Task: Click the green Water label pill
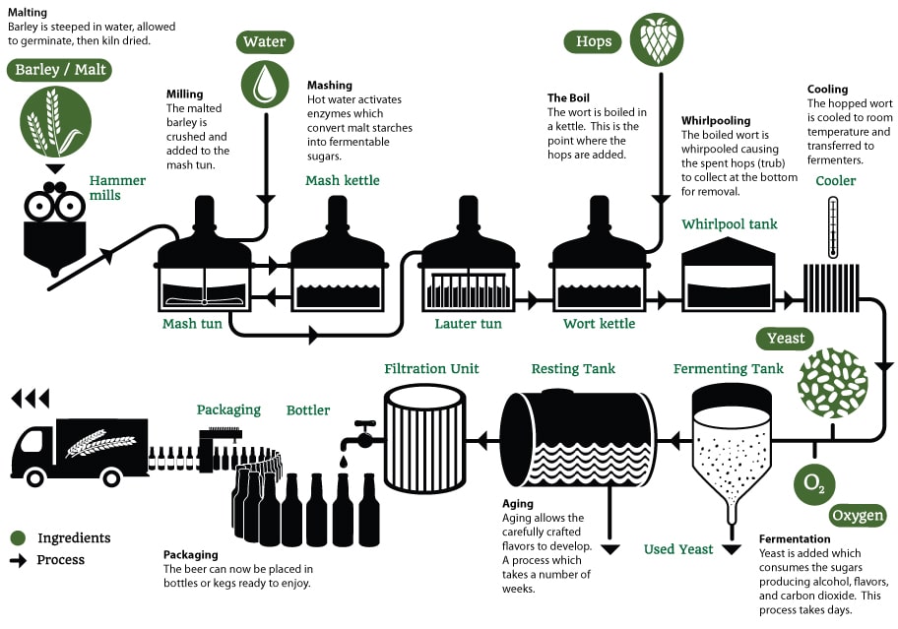265,42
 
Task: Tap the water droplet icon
265,84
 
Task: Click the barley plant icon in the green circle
48,121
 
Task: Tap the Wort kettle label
599,324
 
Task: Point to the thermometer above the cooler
833,227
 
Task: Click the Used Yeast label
678,549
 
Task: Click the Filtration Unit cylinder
424,438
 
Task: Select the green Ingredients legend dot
18,538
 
